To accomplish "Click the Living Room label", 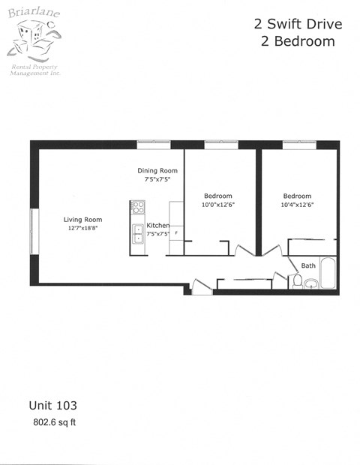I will tap(82, 220).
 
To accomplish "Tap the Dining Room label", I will tap(157, 171).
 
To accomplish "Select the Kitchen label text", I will tap(157, 226).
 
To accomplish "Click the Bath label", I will tap(308, 265).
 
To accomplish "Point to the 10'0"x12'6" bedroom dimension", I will tap(218, 205).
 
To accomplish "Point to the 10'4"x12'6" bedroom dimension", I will tap(298, 205).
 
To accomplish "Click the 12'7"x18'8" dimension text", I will tap(82, 229).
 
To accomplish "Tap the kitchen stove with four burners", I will tap(137, 207).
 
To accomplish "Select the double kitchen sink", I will tap(138, 234).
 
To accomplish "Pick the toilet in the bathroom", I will tap(297, 281).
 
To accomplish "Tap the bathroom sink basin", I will tap(310, 283).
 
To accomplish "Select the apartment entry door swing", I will tap(201, 286).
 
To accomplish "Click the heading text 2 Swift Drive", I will tap(298, 24).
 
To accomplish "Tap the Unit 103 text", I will tap(52, 405).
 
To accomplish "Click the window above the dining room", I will tap(153, 144).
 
